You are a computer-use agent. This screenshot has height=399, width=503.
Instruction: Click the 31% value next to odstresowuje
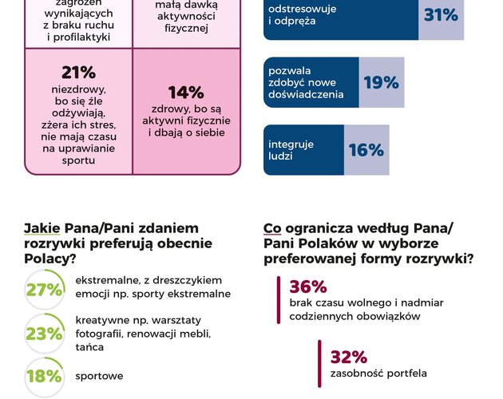pyautogui.click(x=441, y=15)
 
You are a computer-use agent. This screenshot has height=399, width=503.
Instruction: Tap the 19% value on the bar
pyautogui.click(x=381, y=83)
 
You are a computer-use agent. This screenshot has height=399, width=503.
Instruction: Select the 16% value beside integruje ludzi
pyautogui.click(x=366, y=150)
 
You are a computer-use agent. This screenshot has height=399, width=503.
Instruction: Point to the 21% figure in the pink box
pyautogui.click(x=78, y=73)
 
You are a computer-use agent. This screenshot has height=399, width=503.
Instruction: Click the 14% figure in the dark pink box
pyautogui.click(x=185, y=93)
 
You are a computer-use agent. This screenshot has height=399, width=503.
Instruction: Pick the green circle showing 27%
pyautogui.click(x=44, y=290)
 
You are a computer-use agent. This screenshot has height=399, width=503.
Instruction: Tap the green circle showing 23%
pyautogui.click(x=44, y=334)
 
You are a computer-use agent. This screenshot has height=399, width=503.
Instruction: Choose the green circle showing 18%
pyautogui.click(x=44, y=376)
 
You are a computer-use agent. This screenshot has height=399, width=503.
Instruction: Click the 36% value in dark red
pyautogui.click(x=308, y=286)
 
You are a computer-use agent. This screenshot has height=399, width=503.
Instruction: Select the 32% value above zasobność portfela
pyautogui.click(x=349, y=356)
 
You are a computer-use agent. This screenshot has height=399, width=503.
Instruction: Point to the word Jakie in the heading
pyautogui.click(x=42, y=228)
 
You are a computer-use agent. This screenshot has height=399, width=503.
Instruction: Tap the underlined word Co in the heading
pyautogui.click(x=272, y=228)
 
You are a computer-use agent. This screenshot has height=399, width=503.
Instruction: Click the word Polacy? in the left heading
pyautogui.click(x=50, y=259)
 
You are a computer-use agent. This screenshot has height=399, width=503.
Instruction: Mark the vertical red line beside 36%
pyautogui.click(x=278, y=300)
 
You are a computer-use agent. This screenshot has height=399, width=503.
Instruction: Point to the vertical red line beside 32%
pyautogui.click(x=319, y=363)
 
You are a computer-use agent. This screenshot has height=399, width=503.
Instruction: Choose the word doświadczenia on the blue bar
pyautogui.click(x=306, y=94)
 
